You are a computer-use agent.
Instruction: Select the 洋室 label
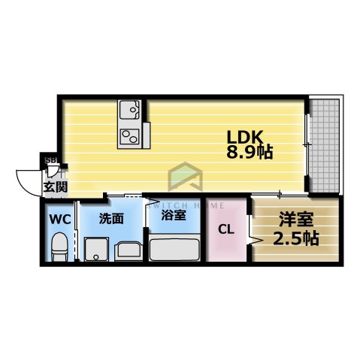[296, 222]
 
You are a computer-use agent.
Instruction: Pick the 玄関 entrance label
[54, 187]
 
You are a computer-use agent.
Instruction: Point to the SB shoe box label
[51, 159]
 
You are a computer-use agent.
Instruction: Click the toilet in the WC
[59, 246]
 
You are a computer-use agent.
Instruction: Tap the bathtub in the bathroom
[174, 248]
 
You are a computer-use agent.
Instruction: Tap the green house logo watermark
[184, 179]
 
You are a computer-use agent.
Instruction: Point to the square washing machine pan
[96, 250]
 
